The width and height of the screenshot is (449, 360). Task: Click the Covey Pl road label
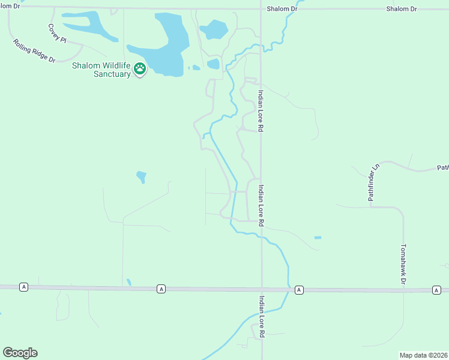tap(58, 32)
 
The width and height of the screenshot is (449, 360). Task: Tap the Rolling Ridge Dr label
tap(34, 51)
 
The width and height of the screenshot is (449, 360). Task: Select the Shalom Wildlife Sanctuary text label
tap(101, 70)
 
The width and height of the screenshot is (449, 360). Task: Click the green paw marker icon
tap(140, 69)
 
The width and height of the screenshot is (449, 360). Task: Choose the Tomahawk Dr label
tap(403, 264)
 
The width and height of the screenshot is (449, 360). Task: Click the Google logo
tap(20, 353)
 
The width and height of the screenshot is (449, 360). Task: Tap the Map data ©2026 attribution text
tap(423, 355)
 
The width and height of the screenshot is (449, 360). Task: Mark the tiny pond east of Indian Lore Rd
tap(318, 238)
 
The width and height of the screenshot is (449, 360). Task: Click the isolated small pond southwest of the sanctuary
tap(141, 176)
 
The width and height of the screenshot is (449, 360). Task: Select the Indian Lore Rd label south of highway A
tap(262, 315)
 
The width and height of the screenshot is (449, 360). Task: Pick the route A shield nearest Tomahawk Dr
tap(436, 290)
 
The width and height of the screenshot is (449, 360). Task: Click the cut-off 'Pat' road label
tap(442, 169)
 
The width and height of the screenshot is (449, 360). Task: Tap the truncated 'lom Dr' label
tap(10, 6)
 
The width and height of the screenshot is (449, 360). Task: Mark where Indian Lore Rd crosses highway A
tap(261, 289)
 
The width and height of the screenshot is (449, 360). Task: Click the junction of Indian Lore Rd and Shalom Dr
tap(261, 9)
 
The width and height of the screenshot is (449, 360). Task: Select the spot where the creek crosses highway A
tap(288, 289)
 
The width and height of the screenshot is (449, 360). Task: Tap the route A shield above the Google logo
tap(23, 287)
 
